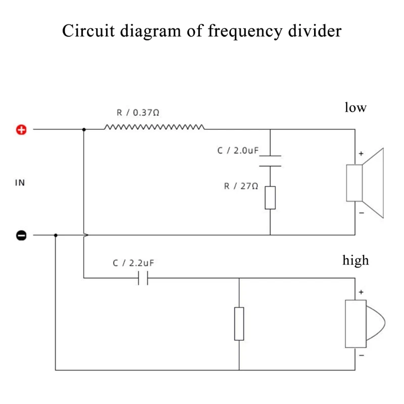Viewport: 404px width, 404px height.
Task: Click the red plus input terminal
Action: point(21,130)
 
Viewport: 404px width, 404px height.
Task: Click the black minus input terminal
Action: point(21,235)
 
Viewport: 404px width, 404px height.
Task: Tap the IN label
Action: point(20,183)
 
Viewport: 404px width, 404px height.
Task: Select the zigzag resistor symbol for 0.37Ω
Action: point(155,127)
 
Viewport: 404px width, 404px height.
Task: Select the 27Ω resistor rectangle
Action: point(270,197)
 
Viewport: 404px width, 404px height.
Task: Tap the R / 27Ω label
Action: point(241,186)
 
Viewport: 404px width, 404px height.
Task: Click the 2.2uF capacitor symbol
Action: point(143,278)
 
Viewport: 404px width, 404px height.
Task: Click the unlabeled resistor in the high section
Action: point(239,323)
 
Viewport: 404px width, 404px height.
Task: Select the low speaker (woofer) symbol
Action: point(365,183)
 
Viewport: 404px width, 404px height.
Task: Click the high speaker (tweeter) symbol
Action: point(364,323)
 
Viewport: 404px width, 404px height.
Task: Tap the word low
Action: point(355,107)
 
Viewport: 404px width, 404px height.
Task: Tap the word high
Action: point(356,260)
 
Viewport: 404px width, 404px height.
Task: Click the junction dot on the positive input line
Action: point(84,130)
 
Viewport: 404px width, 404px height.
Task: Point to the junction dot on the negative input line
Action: point(56,235)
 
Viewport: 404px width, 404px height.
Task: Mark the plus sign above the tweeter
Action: point(361,292)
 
